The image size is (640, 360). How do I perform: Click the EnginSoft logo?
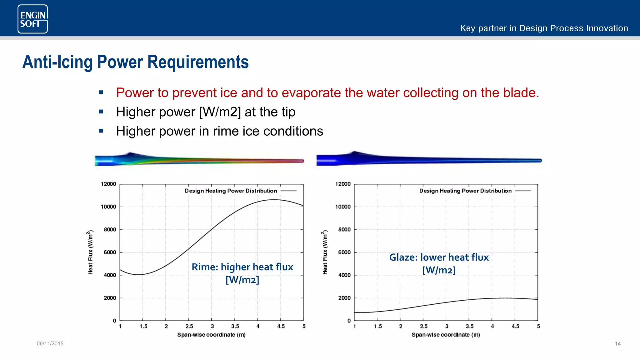pyautogui.click(x=32, y=19)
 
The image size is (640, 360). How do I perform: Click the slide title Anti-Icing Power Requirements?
pyautogui.click(x=135, y=62)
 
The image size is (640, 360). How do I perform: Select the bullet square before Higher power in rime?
pyautogui.click(x=101, y=131)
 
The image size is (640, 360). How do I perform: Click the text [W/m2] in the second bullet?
pyautogui.click(x=220, y=112)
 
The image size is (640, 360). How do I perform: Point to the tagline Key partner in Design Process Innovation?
pyautogui.click(x=544, y=28)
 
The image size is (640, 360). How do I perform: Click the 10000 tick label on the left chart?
pyautogui.click(x=108, y=207)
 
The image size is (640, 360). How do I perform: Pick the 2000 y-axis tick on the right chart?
pyautogui.click(x=344, y=298)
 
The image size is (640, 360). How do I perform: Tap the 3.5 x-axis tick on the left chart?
pyautogui.click(x=235, y=326)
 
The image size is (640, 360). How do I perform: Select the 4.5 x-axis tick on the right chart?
pyautogui.click(x=515, y=326)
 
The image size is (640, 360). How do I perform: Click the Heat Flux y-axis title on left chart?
pyautogui.click(x=90, y=252)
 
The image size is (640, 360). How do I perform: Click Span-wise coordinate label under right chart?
pyautogui.click(x=446, y=335)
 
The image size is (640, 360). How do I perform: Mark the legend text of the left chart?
pyautogui.click(x=231, y=191)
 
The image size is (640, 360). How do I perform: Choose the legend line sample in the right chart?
pyautogui.click(x=523, y=191)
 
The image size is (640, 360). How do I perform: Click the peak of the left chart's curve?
pyautogui.click(x=273, y=199)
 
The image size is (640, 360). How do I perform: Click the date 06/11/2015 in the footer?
pyautogui.click(x=50, y=343)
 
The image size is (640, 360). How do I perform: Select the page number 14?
pyautogui.click(x=617, y=343)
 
